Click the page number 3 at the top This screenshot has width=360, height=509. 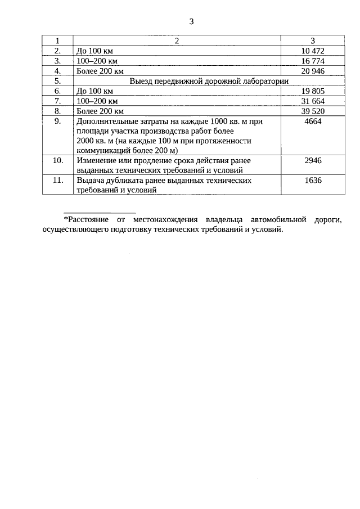tap(191, 22)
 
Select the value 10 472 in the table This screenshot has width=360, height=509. tap(313, 51)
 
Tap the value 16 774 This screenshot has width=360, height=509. tap(313, 61)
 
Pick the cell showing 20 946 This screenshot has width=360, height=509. tap(313, 71)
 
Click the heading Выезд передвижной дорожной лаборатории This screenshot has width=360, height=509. tap(209, 81)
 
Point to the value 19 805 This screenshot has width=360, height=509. tap(313, 91)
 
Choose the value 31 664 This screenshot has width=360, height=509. tap(313, 101)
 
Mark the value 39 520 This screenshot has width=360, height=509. tap(313, 111)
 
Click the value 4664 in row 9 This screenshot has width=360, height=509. tap(313, 121)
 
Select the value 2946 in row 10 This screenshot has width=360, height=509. tap(313, 161)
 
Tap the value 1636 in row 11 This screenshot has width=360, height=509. tap(313, 181)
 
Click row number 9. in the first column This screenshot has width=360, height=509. tap(57, 121)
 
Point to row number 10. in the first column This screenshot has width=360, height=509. tap(57, 161)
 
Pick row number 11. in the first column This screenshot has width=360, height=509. tap(57, 181)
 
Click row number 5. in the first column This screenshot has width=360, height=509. tap(57, 81)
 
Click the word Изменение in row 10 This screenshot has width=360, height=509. tap(95, 161)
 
